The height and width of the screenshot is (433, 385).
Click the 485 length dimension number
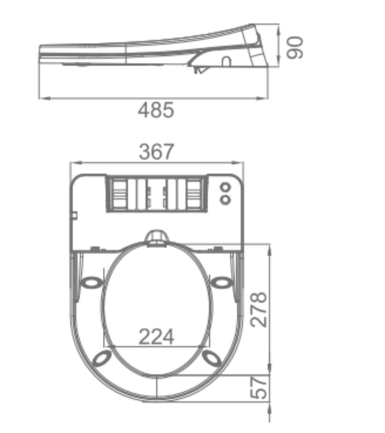coord(156,110)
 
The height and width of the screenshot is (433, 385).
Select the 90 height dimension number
coord(295,48)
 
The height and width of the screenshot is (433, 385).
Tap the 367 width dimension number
coord(156,152)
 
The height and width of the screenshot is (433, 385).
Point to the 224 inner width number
coord(156,336)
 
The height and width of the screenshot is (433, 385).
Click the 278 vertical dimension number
coord(259,309)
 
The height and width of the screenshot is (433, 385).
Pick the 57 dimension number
coord(259,387)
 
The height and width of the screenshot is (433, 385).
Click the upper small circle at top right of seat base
coord(225,188)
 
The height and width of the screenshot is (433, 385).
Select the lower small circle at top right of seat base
coord(225,200)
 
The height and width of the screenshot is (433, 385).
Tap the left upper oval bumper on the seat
coord(91,282)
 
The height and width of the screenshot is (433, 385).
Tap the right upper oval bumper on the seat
coord(221,282)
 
